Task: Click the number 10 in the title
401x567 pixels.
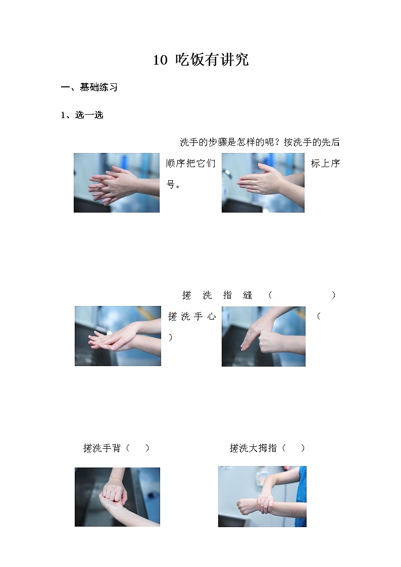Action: click(160, 60)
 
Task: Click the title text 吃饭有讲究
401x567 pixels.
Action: click(212, 60)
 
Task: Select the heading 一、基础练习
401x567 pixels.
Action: click(89, 87)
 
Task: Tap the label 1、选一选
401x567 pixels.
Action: click(82, 115)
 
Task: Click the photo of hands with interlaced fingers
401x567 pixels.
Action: click(117, 183)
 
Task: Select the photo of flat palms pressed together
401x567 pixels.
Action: click(263, 183)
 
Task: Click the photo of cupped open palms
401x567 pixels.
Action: click(118, 336)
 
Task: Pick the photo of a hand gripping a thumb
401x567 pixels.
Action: click(264, 336)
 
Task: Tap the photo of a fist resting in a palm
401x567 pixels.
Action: click(118, 497)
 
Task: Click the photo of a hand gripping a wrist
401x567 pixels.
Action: click(262, 496)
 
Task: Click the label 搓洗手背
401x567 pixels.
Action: click(102, 448)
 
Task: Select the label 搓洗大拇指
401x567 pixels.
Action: click(253, 448)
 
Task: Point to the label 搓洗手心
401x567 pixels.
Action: click(192, 317)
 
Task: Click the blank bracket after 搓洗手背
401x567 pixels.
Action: click(137, 448)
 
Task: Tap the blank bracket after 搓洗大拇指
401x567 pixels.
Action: click(293, 448)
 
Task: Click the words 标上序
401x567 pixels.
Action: click(325, 164)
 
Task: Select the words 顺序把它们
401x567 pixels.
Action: click(190, 164)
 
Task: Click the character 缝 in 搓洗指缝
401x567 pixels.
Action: click(247, 295)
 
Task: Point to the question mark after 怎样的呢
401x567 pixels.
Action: click(278, 142)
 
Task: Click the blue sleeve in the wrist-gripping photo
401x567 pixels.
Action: click(301, 496)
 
